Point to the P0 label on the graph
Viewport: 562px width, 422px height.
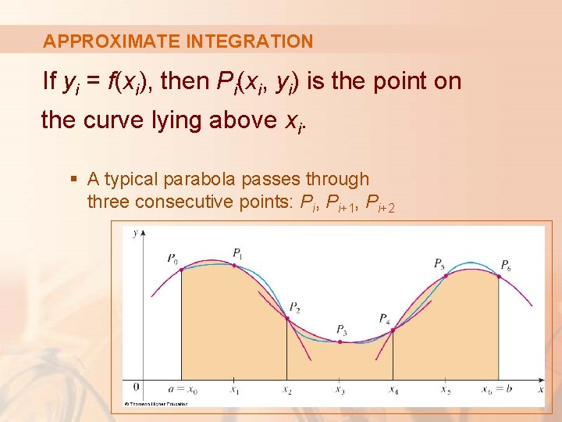(x=172, y=258)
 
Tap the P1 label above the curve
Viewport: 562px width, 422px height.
(x=237, y=252)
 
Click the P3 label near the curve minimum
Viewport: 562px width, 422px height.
(x=341, y=329)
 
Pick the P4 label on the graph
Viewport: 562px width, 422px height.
(x=384, y=318)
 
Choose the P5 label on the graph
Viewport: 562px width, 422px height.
(x=439, y=263)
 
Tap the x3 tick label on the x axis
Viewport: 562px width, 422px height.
(x=340, y=389)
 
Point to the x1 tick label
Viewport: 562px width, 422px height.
(x=235, y=389)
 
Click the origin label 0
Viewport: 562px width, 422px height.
(x=136, y=387)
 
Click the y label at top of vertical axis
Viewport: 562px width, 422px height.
(x=135, y=232)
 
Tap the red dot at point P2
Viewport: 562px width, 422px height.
(x=287, y=318)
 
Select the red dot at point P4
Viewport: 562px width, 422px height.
(x=393, y=330)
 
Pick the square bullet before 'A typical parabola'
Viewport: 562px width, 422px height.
(x=74, y=180)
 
